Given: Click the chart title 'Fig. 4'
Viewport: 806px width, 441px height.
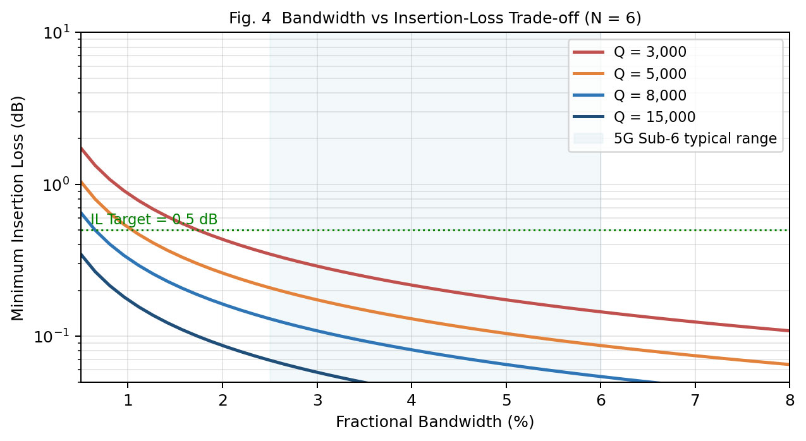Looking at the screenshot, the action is (250, 18).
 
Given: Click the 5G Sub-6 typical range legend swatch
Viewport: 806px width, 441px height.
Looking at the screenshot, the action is (589, 138).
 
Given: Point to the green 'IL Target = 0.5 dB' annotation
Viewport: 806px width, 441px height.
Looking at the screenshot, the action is (154, 219).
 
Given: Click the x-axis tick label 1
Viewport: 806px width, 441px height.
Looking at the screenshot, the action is (128, 401).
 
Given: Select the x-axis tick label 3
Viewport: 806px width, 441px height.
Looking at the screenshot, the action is (317, 401).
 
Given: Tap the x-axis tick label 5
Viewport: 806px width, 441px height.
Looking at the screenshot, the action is (506, 401).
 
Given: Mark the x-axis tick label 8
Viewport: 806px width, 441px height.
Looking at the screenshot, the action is (790, 401).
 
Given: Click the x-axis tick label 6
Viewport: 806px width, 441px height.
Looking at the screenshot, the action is (601, 401).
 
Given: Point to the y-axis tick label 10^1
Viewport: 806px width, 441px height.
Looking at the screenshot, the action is (57, 33).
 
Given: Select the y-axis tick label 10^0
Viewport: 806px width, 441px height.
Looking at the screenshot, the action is (57, 185).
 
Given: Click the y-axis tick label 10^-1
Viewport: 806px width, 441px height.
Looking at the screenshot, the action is (52, 337).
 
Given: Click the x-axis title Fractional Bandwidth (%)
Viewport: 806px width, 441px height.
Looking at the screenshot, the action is (435, 421).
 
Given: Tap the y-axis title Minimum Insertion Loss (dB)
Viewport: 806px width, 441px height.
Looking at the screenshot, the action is (17, 208).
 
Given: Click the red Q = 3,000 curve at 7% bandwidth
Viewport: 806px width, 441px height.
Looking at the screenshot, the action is (695, 322).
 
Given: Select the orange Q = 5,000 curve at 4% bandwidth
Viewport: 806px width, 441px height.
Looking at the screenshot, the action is (412, 318).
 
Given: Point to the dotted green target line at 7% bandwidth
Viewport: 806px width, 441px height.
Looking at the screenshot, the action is (695, 230).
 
